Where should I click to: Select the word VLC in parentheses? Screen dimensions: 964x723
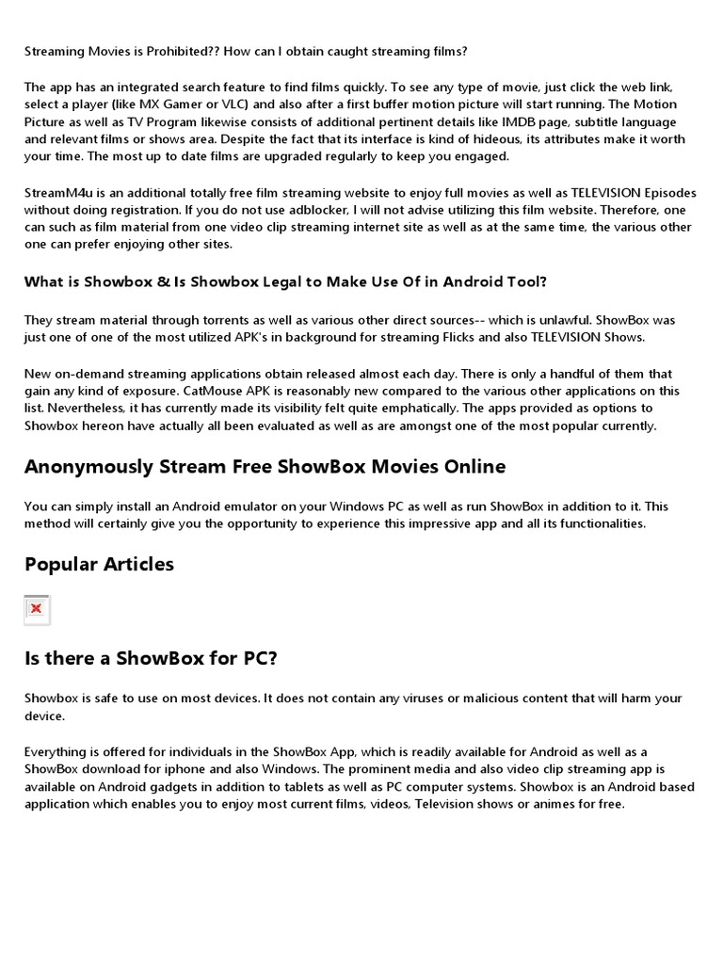click(268, 104)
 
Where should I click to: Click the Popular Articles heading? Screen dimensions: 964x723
click(99, 565)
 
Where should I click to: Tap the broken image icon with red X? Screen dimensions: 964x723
click(37, 609)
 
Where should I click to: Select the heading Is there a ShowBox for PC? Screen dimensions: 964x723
click(151, 658)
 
